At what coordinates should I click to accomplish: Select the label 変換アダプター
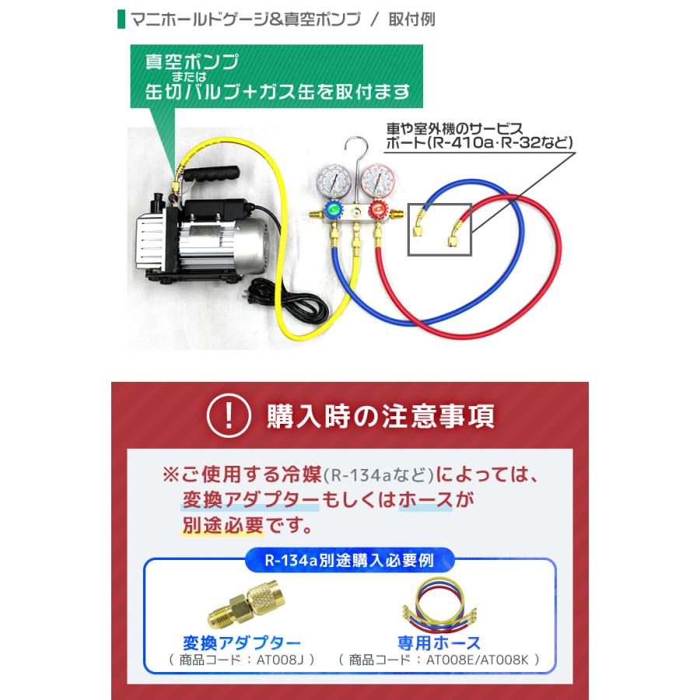pos(240,642)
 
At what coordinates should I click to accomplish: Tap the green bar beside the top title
pos(120,19)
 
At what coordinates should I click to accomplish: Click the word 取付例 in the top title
pos(413,19)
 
